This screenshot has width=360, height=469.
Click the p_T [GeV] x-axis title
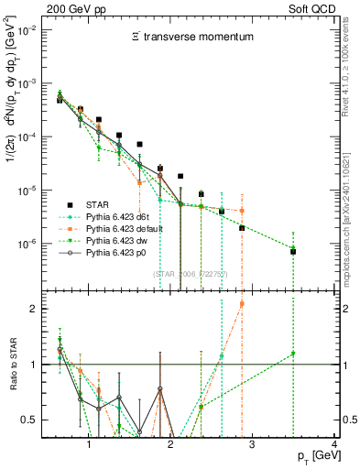[311, 456]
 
